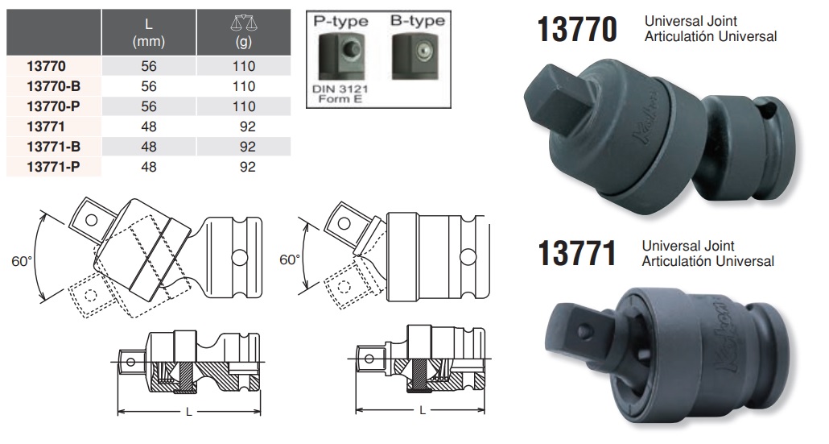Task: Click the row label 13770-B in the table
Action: pyautogui.click(x=53, y=86)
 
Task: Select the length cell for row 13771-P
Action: pyautogui.click(x=149, y=167)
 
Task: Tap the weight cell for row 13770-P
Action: pyautogui.click(x=244, y=106)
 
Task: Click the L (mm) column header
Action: pyautogui.click(x=149, y=32)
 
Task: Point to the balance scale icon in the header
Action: pyautogui.click(x=243, y=23)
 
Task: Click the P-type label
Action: pyautogui.click(x=340, y=21)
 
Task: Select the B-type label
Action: pyautogui.click(x=417, y=21)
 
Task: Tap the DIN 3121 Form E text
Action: pyautogui.click(x=340, y=93)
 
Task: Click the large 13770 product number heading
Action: pyautogui.click(x=577, y=29)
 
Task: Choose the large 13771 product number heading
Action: pyautogui.click(x=577, y=253)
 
